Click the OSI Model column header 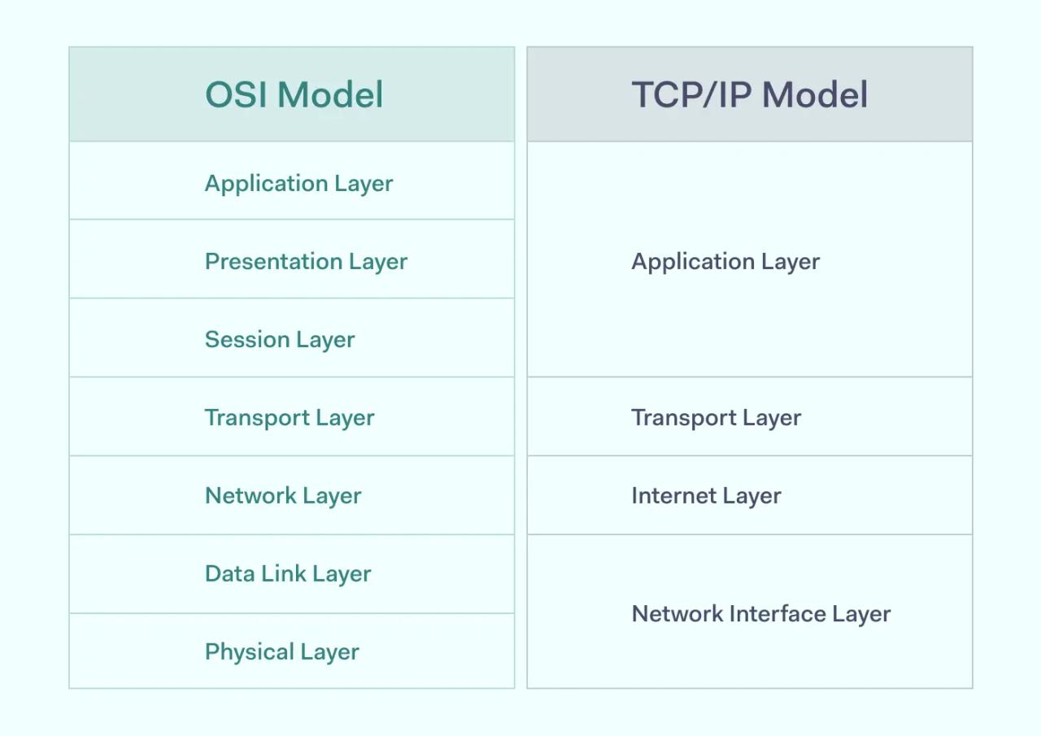293,94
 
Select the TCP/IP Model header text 749,94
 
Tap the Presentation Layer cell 306,261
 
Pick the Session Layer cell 280,339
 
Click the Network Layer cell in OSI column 283,495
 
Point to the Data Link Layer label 288,573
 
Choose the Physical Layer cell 281,651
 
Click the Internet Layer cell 706,495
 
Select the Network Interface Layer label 760,613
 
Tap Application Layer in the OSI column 298,183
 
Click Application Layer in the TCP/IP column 725,261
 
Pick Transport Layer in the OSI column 290,417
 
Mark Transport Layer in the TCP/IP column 716,417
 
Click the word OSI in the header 237,94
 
